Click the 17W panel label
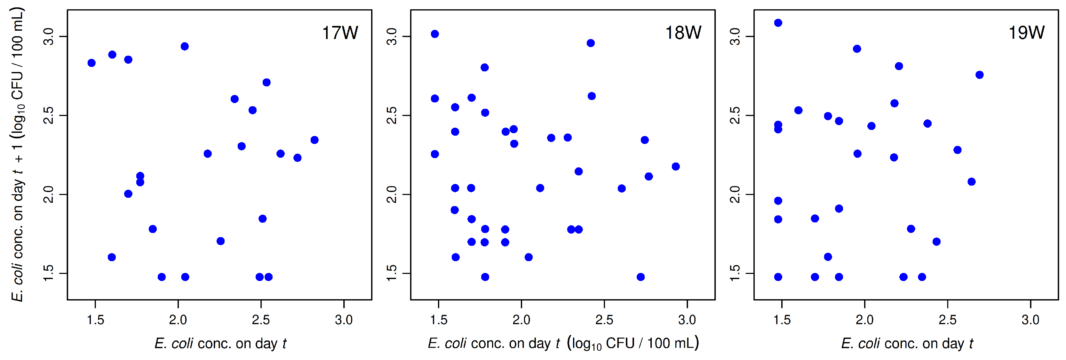pos(340,33)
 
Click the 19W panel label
pos(1026,33)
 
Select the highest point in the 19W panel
pos(778,23)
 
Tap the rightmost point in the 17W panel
pos(314,140)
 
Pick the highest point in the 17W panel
pos(185,46)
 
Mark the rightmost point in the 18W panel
pos(676,166)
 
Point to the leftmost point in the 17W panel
pos(91,63)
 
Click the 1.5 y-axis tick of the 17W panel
pos(49,273)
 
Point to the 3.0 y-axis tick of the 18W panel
pos(392,36)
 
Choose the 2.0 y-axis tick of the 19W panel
pos(735,194)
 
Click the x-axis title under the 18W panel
pos(563,343)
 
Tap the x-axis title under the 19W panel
pos(907,343)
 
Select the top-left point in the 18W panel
pos(434,34)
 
